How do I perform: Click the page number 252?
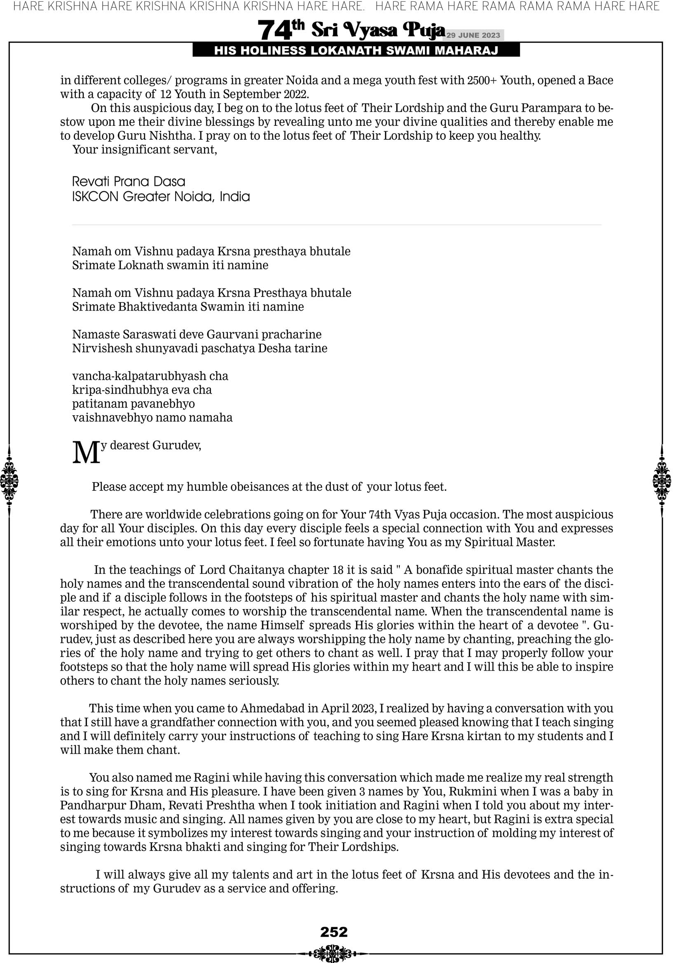pos(334,932)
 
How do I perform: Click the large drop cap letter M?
pos(86,452)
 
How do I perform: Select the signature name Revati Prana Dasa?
pos(129,181)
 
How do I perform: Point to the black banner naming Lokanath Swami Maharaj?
pos(356,50)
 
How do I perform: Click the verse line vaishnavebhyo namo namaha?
pos(152,418)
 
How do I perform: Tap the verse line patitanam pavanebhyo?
pos(133,404)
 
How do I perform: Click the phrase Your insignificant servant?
pos(145,150)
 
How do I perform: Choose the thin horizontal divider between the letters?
pos(336,225)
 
